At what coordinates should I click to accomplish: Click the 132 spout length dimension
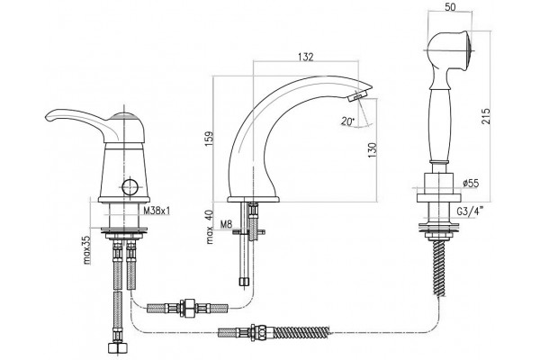coord(306,57)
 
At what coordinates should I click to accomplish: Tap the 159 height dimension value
coord(210,139)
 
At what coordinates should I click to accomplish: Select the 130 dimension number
coord(373,150)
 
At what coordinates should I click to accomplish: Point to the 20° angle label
coord(347,121)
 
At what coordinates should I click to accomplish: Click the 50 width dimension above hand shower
coord(450,7)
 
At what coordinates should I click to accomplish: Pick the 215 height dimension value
coord(485,116)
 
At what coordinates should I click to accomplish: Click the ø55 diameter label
coord(471,183)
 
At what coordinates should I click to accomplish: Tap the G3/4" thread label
coord(471,211)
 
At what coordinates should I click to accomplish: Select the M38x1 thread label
coord(157,211)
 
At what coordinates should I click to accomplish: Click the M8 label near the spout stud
coord(226,225)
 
